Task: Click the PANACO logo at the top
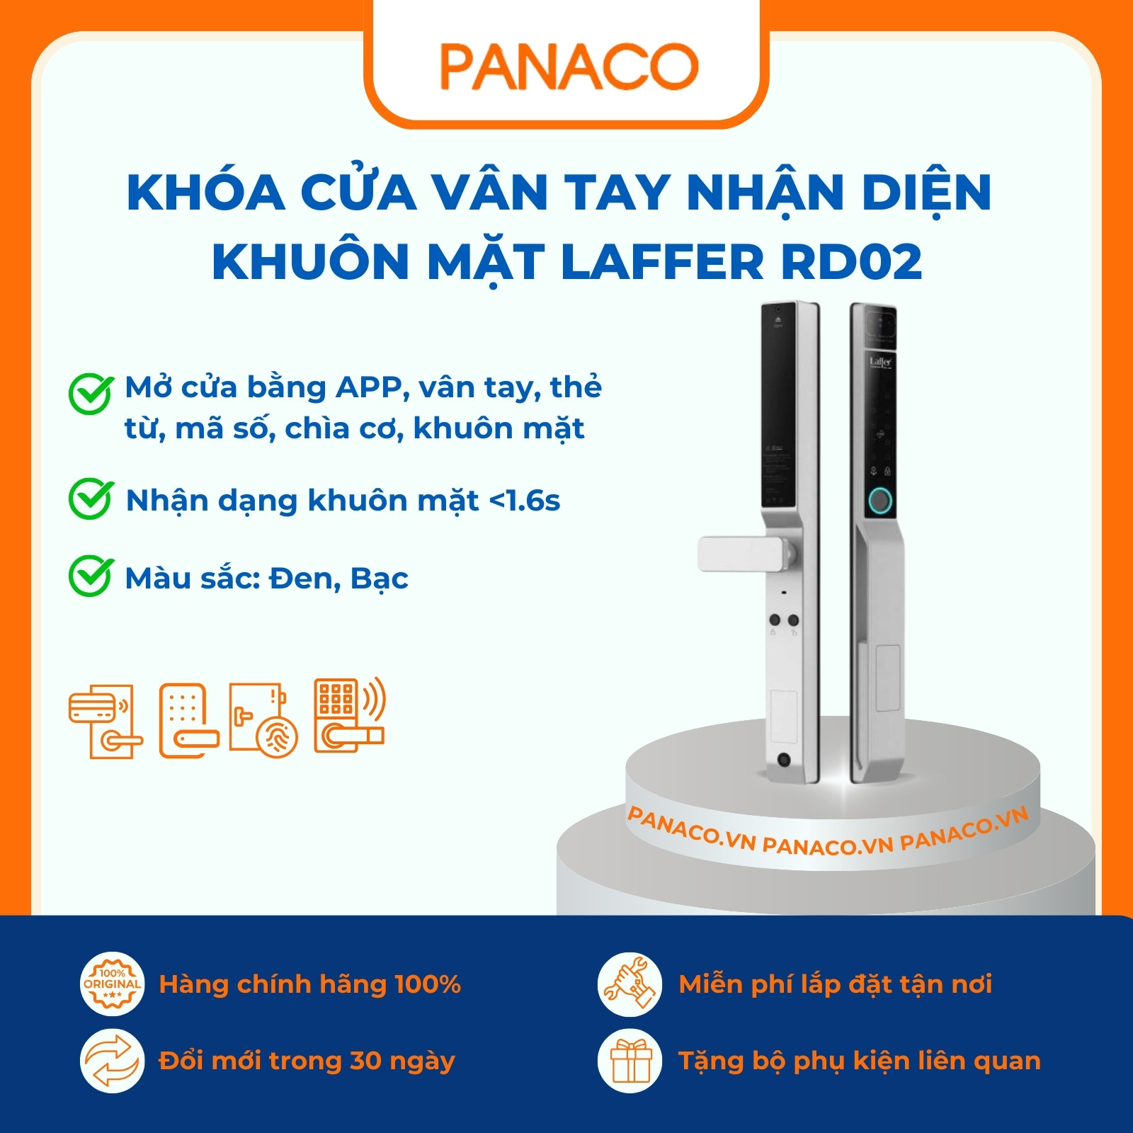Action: pyautogui.click(x=569, y=67)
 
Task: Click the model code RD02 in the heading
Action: pyautogui.click(x=851, y=262)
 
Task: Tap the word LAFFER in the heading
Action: pyautogui.click(x=662, y=262)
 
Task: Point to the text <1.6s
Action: pyautogui.click(x=525, y=501)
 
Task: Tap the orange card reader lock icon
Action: pyautogui.click(x=106, y=721)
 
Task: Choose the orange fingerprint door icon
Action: pyautogui.click(x=263, y=719)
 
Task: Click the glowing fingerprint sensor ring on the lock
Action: pyautogui.click(x=880, y=501)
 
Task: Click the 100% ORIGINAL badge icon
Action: pyautogui.click(x=113, y=984)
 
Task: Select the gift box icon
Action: pyautogui.click(x=630, y=1061)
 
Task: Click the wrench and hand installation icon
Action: pyautogui.click(x=630, y=984)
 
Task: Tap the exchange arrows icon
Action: pyautogui.click(x=113, y=1061)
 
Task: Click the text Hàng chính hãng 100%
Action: pyautogui.click(x=309, y=984)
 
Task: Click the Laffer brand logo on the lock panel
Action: pyautogui.click(x=880, y=362)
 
